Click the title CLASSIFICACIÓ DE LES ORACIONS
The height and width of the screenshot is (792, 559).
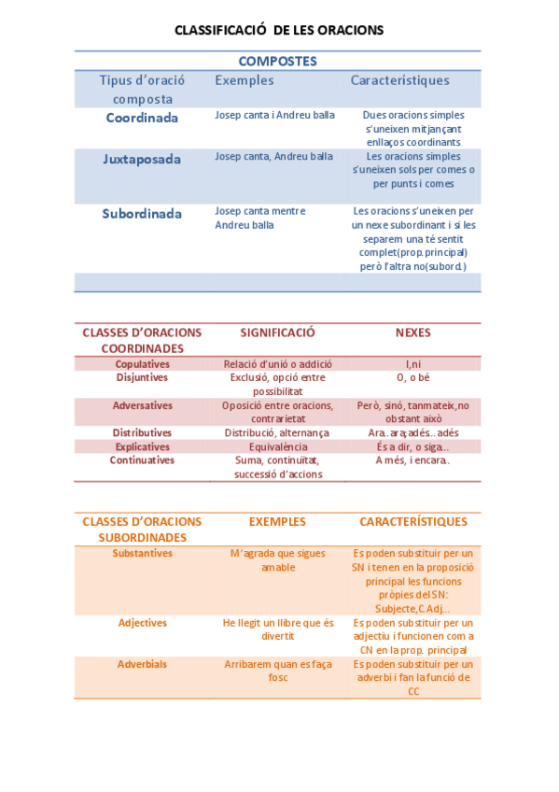tap(279, 30)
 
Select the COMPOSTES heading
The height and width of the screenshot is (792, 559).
tap(277, 62)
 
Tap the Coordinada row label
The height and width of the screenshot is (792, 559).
tap(142, 118)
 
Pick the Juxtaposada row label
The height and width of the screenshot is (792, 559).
tap(142, 159)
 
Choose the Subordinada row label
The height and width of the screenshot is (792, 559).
tap(142, 214)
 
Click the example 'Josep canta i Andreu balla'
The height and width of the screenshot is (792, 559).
tap(274, 116)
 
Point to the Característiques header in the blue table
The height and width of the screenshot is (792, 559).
tap(399, 81)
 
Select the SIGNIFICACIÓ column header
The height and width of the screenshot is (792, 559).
tap(277, 332)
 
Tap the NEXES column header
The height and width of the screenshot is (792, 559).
tap(412, 332)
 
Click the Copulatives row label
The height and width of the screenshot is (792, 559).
tap(142, 364)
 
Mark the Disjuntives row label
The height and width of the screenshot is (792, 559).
tap(142, 377)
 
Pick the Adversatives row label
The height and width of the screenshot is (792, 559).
tap(142, 405)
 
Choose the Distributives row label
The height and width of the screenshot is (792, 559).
tap(142, 433)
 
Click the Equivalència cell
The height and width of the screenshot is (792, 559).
tap(277, 447)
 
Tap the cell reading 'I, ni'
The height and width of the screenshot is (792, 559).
tap(412, 364)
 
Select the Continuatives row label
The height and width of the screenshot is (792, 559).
tap(142, 460)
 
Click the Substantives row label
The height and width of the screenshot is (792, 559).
tap(142, 553)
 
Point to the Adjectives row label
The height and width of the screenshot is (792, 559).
tap(142, 623)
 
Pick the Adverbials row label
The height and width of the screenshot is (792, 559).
tap(142, 664)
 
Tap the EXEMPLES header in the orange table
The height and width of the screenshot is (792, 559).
tap(277, 522)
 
